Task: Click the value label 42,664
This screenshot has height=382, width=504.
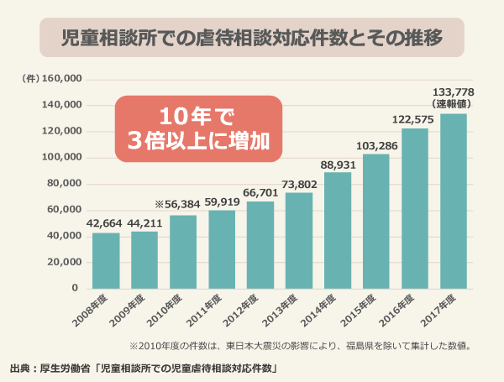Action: tap(106, 224)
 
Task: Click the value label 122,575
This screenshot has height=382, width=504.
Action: tap(414, 119)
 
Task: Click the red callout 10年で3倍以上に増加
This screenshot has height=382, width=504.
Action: tap(197, 127)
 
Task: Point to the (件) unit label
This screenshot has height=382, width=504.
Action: tap(29, 79)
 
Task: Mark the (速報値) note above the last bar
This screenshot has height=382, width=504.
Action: tap(454, 104)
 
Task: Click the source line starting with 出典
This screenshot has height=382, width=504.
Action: tap(143, 368)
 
